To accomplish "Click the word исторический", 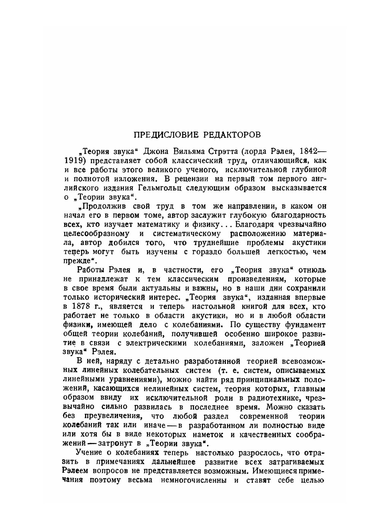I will click(124, 297).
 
